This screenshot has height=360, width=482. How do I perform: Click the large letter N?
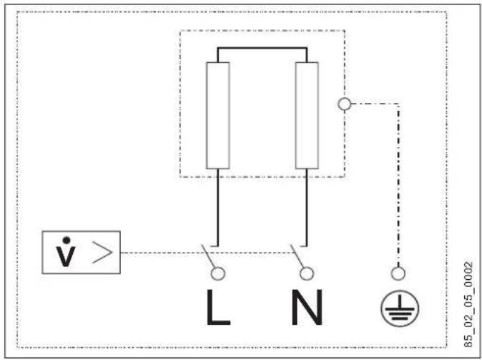[307, 307]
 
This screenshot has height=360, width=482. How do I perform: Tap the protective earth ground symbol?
[400, 308]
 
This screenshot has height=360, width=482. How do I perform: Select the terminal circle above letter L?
[218, 273]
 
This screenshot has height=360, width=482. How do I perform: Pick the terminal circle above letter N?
[307, 273]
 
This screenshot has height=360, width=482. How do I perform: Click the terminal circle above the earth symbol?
[398, 273]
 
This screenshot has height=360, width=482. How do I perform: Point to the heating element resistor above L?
[218, 116]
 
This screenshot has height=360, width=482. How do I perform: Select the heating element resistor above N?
[307, 116]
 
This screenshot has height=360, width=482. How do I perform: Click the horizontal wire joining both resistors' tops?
[262, 48]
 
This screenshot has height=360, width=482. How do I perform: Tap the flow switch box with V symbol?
[81, 253]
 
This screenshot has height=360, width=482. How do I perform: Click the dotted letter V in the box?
[66, 252]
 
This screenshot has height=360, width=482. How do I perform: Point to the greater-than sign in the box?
[102, 253]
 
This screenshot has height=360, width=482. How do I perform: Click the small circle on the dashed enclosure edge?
[344, 104]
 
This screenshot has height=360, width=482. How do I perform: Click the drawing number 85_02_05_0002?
[468, 305]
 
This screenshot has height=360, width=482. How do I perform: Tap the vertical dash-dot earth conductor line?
[398, 185]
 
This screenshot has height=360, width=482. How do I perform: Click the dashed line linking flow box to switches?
[208, 253]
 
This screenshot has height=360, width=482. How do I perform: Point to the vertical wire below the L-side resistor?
[218, 208]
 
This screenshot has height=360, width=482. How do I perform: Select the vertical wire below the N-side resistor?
[307, 208]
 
